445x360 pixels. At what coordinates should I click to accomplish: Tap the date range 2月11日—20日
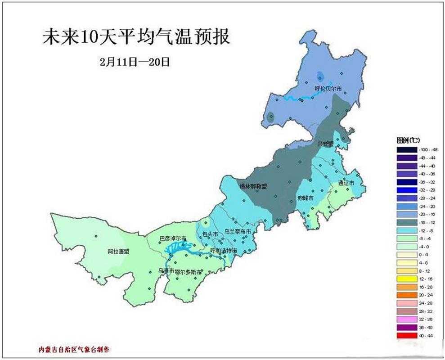(x=135, y=62)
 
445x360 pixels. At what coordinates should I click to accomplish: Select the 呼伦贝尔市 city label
(x=328, y=88)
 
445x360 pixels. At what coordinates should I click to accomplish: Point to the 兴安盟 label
(x=325, y=144)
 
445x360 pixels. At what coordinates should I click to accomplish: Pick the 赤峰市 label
(x=305, y=198)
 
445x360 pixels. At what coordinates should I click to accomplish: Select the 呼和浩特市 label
(x=224, y=250)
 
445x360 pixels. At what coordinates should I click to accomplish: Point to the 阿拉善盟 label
(x=118, y=252)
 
